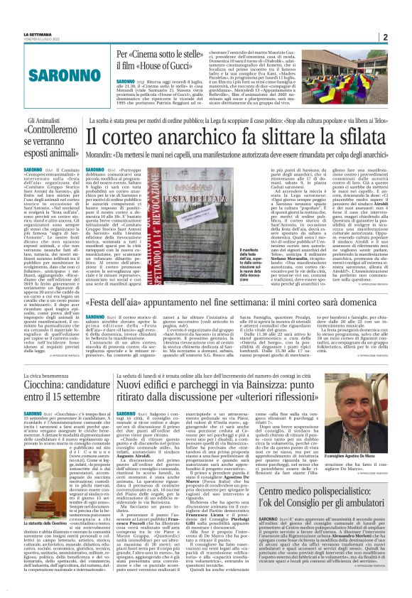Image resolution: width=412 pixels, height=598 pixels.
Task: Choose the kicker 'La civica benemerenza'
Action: click(50, 386)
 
